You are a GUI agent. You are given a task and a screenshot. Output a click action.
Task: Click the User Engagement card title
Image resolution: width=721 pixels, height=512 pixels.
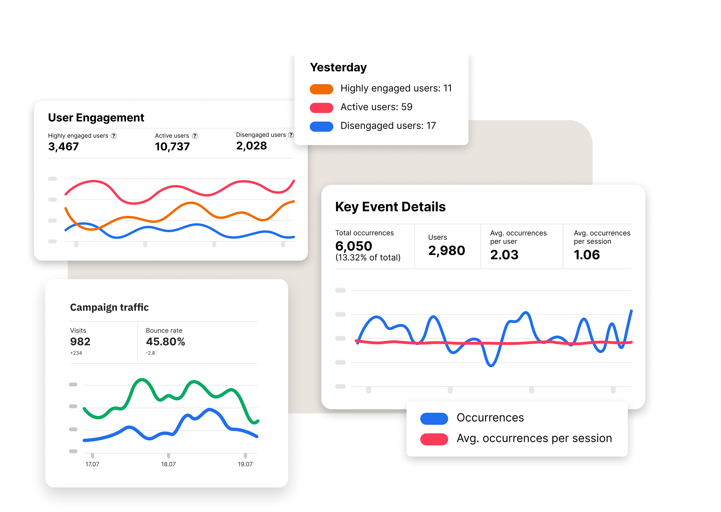click(x=96, y=118)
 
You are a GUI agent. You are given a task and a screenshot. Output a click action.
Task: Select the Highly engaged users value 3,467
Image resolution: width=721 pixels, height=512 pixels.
click(x=63, y=147)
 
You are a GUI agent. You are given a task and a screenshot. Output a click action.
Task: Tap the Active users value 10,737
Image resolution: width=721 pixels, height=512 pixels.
click(x=172, y=147)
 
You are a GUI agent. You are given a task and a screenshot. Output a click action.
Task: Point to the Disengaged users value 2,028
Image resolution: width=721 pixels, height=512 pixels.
click(x=251, y=146)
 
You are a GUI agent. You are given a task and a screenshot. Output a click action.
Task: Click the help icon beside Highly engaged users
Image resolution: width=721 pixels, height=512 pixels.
click(x=114, y=136)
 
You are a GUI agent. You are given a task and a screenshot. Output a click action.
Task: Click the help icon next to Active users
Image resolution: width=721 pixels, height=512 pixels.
click(x=195, y=136)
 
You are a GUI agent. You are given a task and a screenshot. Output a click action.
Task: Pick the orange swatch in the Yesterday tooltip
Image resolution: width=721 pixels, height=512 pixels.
click(x=321, y=89)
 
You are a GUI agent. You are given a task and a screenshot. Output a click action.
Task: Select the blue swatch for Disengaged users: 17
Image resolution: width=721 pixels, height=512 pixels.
click(x=321, y=126)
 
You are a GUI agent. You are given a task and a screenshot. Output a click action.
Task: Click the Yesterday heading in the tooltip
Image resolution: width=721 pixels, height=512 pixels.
click(x=338, y=68)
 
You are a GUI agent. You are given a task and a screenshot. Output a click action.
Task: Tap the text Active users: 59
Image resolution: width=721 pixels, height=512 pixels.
click(x=376, y=107)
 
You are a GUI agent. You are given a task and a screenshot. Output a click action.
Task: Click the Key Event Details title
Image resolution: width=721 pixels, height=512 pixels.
click(x=390, y=207)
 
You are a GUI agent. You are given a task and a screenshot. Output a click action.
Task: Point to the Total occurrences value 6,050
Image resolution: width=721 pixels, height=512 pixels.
click(x=354, y=246)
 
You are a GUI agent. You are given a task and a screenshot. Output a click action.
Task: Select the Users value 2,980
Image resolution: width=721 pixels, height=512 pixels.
click(x=446, y=251)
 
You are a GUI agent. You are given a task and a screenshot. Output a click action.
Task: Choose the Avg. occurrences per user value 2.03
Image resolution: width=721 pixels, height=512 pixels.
click(x=504, y=255)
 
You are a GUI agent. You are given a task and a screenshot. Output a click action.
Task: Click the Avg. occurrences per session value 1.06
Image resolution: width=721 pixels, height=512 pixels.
click(x=586, y=255)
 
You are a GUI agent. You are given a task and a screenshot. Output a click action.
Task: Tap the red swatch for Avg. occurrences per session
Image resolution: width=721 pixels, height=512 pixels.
click(x=434, y=439)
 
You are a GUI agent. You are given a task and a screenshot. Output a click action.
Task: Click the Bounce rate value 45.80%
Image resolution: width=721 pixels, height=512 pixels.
click(x=166, y=342)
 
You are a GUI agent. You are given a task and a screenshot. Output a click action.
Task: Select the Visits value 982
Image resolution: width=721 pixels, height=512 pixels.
click(x=80, y=342)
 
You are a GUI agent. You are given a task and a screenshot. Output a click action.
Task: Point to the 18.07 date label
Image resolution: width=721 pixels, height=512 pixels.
click(x=168, y=464)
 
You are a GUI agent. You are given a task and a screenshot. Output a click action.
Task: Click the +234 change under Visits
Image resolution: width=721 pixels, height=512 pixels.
click(x=76, y=353)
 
